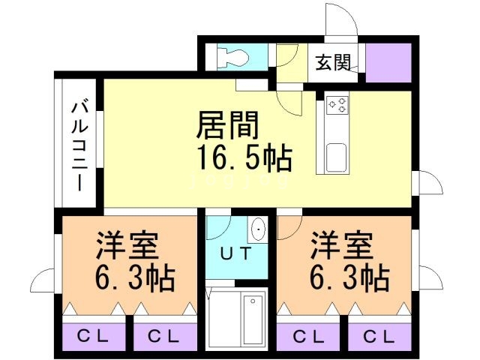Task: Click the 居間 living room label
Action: tap(227, 125)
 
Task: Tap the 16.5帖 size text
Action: tap(244, 158)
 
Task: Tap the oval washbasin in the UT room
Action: tap(259, 229)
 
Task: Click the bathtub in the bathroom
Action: tap(251, 318)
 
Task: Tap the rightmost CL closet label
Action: tap(379, 335)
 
